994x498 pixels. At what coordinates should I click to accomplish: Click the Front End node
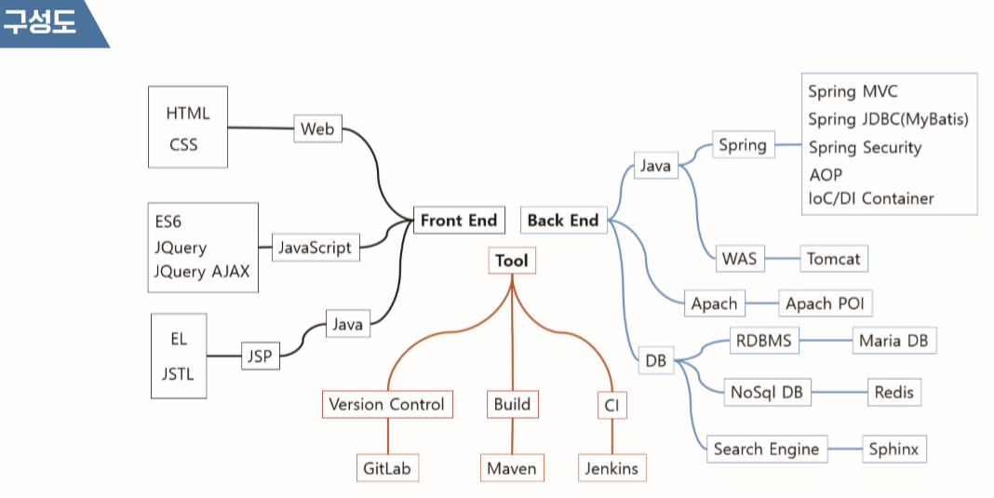(x=459, y=221)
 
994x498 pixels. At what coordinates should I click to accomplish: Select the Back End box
(x=562, y=221)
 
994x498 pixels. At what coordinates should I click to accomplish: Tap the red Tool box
(x=511, y=261)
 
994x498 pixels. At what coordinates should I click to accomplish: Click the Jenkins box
(x=611, y=468)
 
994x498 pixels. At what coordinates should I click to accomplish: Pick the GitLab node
(x=387, y=468)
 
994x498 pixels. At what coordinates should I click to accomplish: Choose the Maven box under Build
(x=512, y=468)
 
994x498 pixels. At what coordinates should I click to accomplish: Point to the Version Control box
(x=386, y=404)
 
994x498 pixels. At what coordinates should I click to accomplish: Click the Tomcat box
(x=833, y=259)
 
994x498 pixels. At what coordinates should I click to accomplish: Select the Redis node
(x=893, y=393)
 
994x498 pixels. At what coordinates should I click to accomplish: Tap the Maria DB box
(x=893, y=341)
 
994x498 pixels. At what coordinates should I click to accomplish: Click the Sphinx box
(x=893, y=449)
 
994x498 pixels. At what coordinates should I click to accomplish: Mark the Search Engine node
(x=766, y=449)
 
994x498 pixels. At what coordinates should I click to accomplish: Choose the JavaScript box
(x=315, y=247)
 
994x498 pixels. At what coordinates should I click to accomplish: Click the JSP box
(x=259, y=356)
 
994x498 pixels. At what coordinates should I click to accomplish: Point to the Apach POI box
(x=825, y=303)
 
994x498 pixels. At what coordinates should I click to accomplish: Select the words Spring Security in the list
(x=865, y=147)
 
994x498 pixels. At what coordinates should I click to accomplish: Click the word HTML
(x=188, y=114)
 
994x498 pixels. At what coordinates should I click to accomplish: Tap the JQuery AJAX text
(x=202, y=272)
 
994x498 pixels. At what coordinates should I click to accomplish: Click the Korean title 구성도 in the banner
(x=39, y=22)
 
